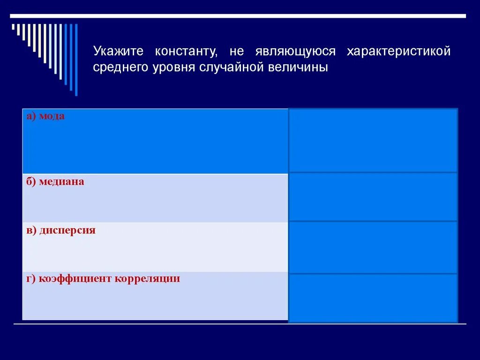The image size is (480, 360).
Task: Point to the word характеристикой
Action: point(398,51)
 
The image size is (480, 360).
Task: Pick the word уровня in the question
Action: point(173,67)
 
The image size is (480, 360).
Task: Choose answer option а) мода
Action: point(45,116)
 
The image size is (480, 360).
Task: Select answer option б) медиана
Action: point(55,181)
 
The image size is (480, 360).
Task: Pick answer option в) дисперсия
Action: point(61,230)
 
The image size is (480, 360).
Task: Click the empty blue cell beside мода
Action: point(373,141)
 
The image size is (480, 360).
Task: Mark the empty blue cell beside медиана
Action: point(373,196)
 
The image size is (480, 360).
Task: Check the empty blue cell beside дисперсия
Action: point(373,247)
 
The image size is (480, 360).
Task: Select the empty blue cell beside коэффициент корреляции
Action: point(373,298)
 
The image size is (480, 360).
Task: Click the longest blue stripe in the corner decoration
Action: point(76,60)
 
